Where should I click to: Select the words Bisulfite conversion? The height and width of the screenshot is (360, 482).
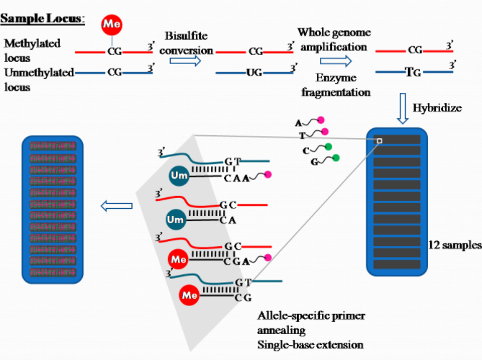(189, 43)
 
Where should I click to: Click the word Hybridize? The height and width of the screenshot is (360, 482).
(437, 108)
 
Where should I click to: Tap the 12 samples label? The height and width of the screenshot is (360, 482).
(454, 245)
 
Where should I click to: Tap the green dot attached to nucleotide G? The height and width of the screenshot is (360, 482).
(336, 158)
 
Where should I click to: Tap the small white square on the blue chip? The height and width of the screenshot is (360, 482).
(379, 141)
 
